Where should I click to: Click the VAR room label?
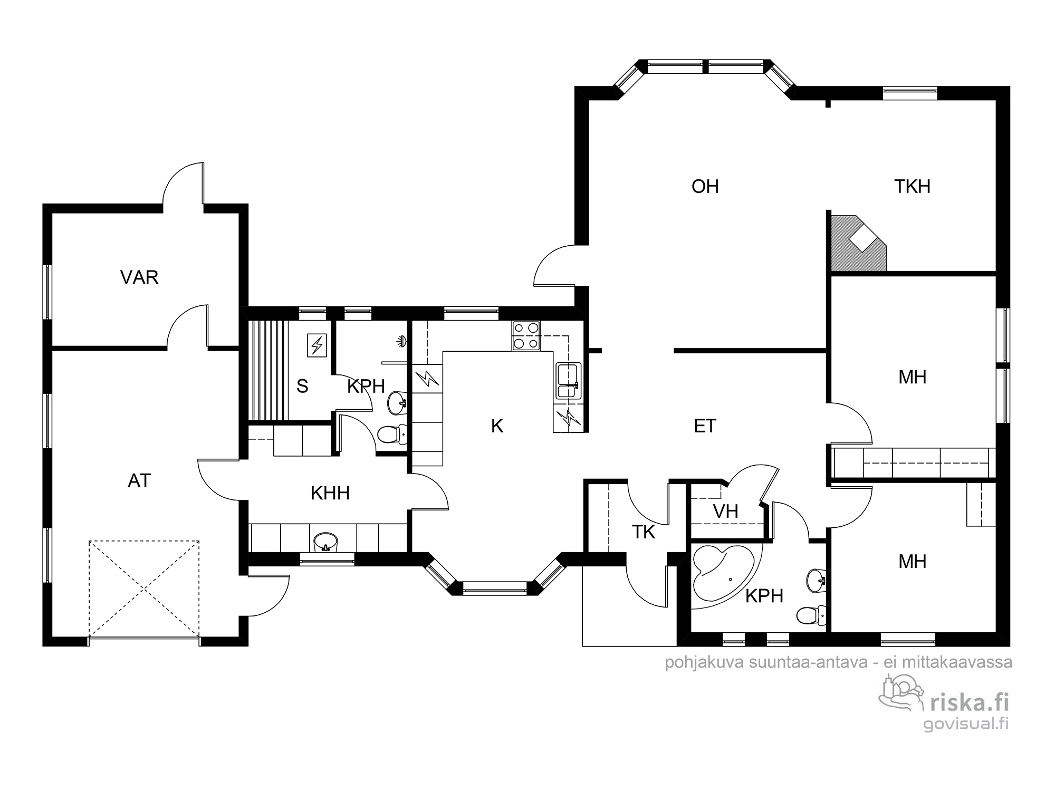pyautogui.click(x=139, y=277)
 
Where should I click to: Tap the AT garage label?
pyautogui.click(x=139, y=481)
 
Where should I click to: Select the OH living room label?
pyautogui.click(x=705, y=187)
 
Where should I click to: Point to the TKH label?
pyautogui.click(x=913, y=187)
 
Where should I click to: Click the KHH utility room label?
pyautogui.click(x=330, y=494)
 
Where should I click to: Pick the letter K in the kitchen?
pyautogui.click(x=497, y=426)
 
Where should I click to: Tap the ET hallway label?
pyautogui.click(x=705, y=426)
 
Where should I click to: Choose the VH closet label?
pyautogui.click(x=725, y=512)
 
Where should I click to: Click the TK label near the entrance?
pyautogui.click(x=644, y=533)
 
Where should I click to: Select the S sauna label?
pyautogui.click(x=302, y=387)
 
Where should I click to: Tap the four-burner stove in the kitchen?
pyautogui.click(x=526, y=336)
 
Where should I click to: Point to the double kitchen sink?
pyautogui.click(x=568, y=380)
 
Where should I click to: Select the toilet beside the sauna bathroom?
pyautogui.click(x=392, y=435)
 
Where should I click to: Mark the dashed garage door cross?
pyautogui.click(x=144, y=589)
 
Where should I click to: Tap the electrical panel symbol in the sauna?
pyautogui.click(x=317, y=345)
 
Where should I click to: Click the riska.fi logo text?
pyautogui.click(x=970, y=702)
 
